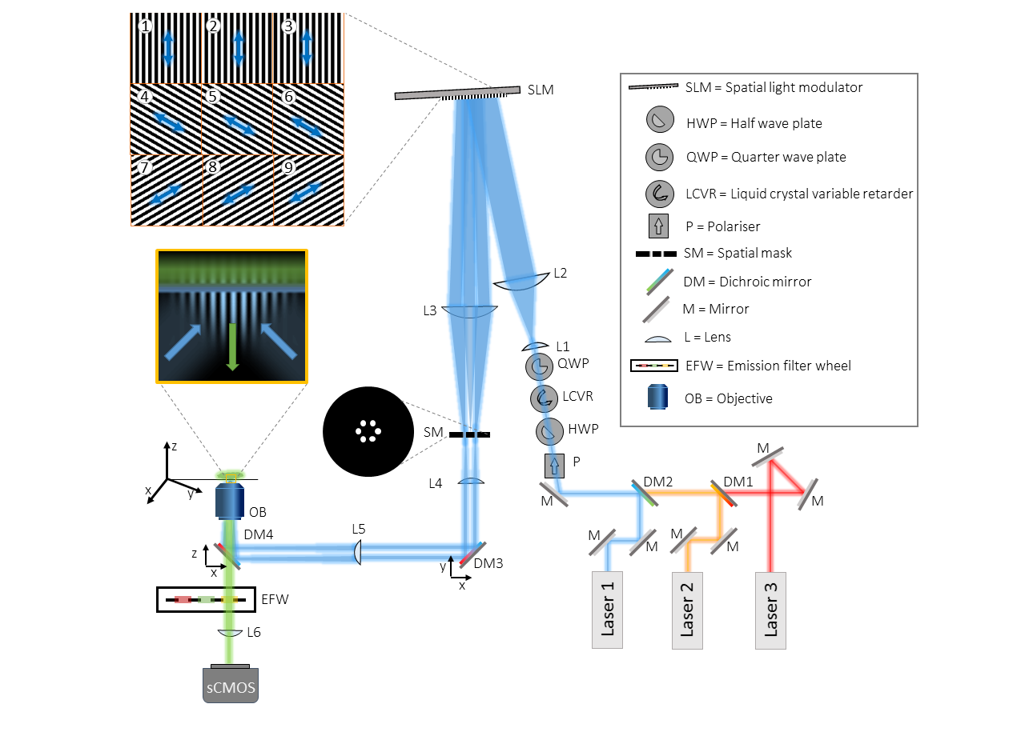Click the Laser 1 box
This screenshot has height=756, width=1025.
(x=607, y=610)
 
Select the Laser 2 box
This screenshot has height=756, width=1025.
(x=688, y=610)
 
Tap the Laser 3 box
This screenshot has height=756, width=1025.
(x=770, y=610)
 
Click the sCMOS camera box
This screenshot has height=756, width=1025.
(x=231, y=686)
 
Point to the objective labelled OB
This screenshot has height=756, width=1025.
(x=230, y=501)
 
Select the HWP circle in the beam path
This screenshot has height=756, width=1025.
(x=549, y=431)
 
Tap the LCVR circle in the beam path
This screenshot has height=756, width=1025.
(x=545, y=398)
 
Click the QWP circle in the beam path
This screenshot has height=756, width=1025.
(x=540, y=366)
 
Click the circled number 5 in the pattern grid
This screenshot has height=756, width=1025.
(x=213, y=98)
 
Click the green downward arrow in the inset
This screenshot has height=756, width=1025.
(x=232, y=345)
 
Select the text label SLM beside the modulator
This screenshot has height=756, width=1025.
(x=541, y=90)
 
